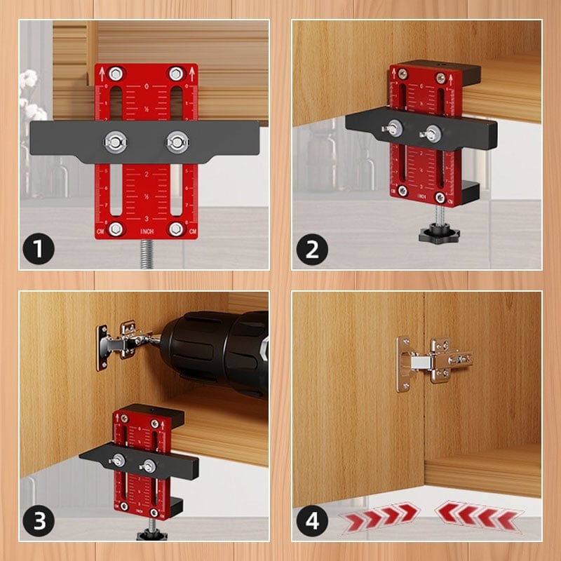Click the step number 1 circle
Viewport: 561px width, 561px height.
39,249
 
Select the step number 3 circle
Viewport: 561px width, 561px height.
39,521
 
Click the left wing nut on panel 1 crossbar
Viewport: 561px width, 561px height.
114,141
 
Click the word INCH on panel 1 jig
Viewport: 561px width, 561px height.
147,231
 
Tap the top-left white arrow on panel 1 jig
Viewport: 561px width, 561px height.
102,72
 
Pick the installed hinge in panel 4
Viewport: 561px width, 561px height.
431,361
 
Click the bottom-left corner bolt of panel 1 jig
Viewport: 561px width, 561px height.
115,229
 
